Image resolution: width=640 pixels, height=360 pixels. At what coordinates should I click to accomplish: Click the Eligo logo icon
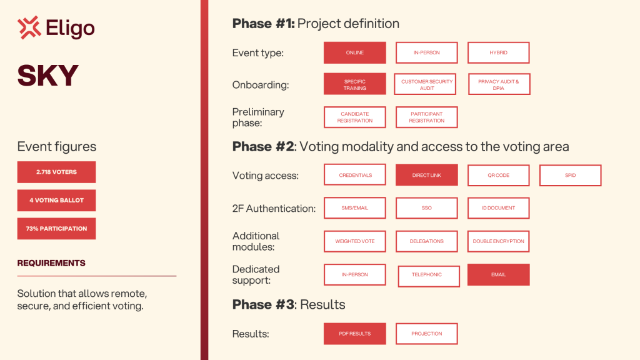(29, 27)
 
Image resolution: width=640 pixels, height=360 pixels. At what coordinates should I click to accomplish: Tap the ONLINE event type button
(355, 52)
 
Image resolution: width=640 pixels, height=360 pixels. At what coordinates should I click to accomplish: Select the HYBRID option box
(498, 52)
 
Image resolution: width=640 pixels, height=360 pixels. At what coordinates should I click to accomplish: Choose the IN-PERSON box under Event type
(426, 52)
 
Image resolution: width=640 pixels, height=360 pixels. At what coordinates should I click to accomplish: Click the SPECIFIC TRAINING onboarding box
(355, 84)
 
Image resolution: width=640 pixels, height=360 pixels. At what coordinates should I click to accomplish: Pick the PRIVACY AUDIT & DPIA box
(499, 84)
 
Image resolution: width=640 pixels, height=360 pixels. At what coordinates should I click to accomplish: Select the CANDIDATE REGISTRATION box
(355, 117)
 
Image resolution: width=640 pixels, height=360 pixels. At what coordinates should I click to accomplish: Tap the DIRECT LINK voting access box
(426, 175)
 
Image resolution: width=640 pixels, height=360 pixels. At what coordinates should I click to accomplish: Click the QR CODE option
(498, 175)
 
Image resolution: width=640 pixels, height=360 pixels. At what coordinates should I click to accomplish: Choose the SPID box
(570, 175)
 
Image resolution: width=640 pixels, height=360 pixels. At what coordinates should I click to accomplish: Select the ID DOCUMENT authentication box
(498, 208)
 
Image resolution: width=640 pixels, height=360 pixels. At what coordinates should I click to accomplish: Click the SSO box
(426, 208)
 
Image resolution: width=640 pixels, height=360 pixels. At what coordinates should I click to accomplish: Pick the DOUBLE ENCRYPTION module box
(498, 241)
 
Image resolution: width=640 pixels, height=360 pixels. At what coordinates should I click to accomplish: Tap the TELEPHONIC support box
(429, 276)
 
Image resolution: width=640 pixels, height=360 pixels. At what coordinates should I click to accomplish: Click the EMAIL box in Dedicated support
(498, 275)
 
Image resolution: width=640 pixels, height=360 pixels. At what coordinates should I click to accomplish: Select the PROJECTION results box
(426, 334)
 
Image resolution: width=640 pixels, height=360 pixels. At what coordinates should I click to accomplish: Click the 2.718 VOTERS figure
(56, 172)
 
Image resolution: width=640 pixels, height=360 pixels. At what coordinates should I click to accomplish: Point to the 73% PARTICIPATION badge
(56, 229)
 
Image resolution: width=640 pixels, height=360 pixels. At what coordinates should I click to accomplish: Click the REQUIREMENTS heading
(51, 263)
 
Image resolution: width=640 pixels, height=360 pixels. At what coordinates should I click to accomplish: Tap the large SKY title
(47, 76)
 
